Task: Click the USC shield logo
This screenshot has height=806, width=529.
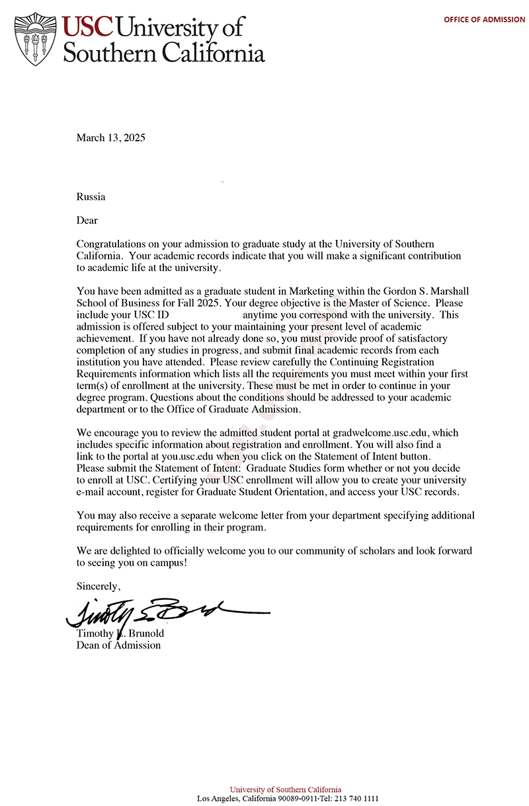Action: [x=34, y=39]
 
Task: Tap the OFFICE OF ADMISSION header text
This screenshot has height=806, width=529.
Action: [x=485, y=20]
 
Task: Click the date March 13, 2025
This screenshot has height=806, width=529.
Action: [x=110, y=138]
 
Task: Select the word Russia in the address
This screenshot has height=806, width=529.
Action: [x=91, y=196]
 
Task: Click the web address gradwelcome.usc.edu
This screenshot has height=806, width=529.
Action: [x=381, y=433]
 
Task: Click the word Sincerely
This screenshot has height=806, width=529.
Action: [x=99, y=586]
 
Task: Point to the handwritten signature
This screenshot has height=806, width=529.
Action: [x=165, y=613]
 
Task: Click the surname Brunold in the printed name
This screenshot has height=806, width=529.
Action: [x=143, y=634]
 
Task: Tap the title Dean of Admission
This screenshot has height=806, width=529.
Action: [x=118, y=645]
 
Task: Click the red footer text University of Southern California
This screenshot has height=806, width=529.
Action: [x=286, y=789]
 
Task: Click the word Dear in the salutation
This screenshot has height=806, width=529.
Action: [x=87, y=220]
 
